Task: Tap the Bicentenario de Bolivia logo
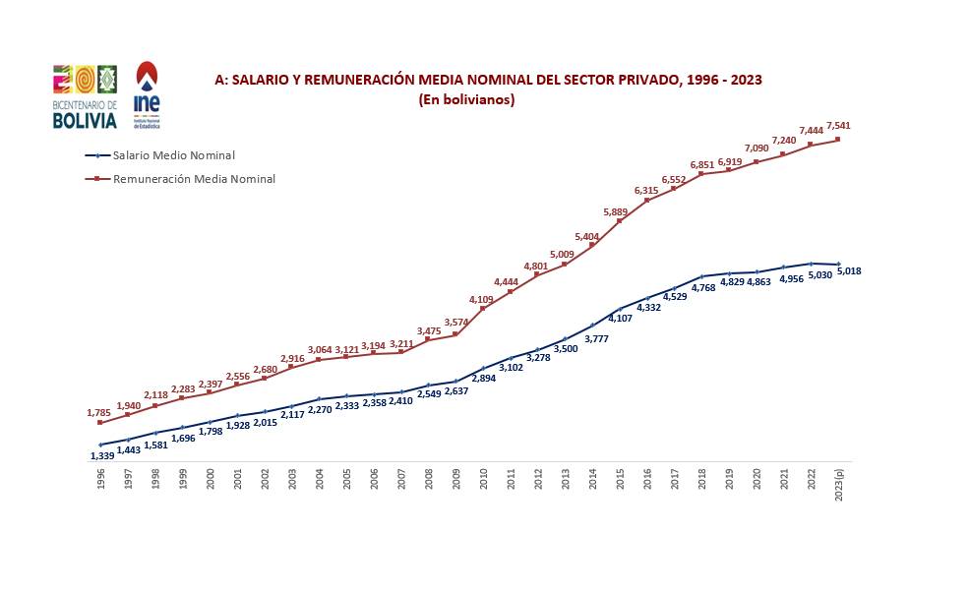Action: click(85, 96)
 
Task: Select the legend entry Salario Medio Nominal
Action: click(173, 155)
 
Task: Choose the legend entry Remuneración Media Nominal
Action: click(194, 179)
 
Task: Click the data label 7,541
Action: click(839, 125)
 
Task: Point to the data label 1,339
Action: click(102, 455)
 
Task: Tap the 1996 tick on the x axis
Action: click(101, 481)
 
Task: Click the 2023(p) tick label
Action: click(839, 484)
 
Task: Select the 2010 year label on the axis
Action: click(484, 481)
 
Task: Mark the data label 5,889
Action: click(615, 212)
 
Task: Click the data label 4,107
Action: click(620, 318)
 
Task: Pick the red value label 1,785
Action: click(99, 413)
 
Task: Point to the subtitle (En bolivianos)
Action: click(466, 99)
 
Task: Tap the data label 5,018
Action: click(849, 270)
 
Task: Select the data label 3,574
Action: click(456, 323)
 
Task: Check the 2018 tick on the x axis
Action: click(702, 481)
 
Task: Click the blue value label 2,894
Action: click(482, 378)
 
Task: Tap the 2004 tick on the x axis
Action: click(320, 481)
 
